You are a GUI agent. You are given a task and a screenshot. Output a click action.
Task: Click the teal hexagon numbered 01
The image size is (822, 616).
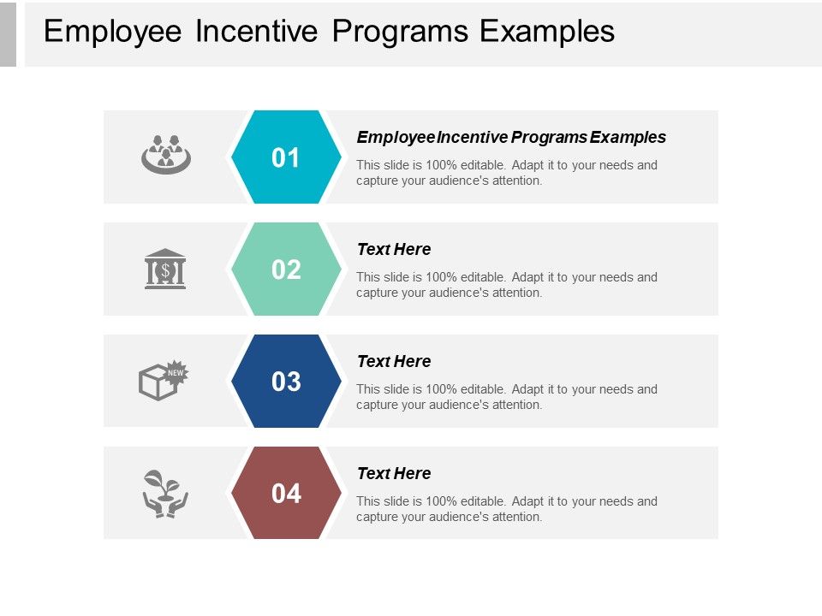click(x=286, y=157)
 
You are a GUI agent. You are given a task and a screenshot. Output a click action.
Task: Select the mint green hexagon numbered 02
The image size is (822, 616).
click(x=286, y=269)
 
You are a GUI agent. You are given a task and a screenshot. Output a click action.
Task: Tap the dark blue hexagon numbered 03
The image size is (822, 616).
click(x=286, y=382)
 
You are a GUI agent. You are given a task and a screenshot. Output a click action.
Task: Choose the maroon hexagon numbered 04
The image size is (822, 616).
click(x=286, y=494)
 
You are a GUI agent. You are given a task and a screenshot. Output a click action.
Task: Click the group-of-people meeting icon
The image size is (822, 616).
click(x=165, y=154)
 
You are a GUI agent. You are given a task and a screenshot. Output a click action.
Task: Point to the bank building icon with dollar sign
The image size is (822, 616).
click(x=165, y=269)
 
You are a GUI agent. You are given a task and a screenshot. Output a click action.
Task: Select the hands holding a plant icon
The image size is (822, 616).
click(x=165, y=494)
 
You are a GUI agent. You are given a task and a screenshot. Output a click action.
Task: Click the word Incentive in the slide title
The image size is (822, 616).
click(x=257, y=31)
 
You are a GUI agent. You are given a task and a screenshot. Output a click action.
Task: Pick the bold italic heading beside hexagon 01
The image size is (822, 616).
click(x=511, y=137)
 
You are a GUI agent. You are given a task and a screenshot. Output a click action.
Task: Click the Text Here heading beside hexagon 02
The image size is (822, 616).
click(x=394, y=249)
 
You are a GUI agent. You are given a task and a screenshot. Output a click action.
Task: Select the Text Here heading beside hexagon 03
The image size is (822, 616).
click(x=394, y=361)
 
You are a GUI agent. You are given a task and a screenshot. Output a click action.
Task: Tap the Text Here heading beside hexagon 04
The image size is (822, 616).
click(x=394, y=473)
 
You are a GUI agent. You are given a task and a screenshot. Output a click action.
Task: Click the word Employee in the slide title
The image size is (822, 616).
click(x=113, y=31)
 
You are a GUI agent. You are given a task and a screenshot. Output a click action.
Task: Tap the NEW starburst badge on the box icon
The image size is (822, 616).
click(x=176, y=372)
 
